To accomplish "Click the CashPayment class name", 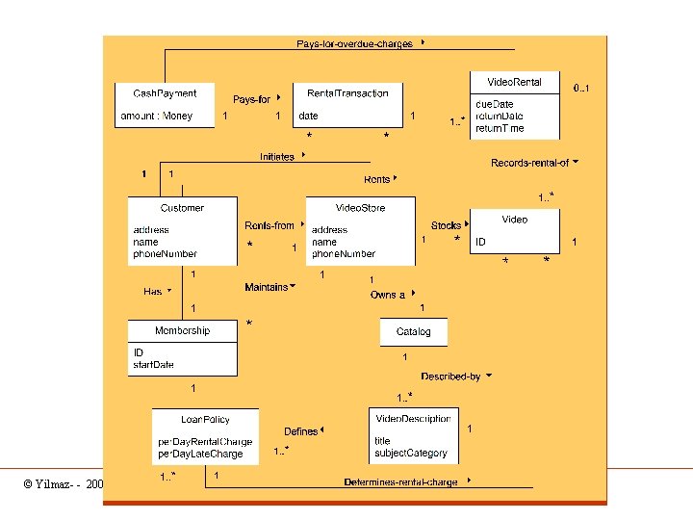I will tap(165, 93).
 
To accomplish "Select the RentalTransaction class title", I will tap(347, 93).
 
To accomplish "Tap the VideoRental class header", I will tap(514, 82).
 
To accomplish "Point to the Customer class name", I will tap(182, 208).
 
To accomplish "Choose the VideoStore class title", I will tap(360, 208).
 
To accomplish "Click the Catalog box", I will tap(414, 331).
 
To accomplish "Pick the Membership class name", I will tap(182, 330).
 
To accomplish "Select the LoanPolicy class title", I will tap(205, 419).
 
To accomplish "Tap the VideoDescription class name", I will tap(413, 419).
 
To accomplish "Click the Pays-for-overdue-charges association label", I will tap(355, 43).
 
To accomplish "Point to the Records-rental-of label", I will tap(529, 163).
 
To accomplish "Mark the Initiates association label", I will tap(277, 157).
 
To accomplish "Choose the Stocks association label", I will tap(446, 226).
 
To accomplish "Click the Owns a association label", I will tap(388, 295).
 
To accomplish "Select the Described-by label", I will tap(450, 377).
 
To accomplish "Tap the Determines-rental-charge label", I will tap(400, 481).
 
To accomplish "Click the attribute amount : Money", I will tap(156, 117).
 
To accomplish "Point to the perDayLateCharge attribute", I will tap(200, 454).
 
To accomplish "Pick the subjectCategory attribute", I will tap(411, 454).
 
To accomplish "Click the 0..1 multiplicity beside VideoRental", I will tap(581, 89).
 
